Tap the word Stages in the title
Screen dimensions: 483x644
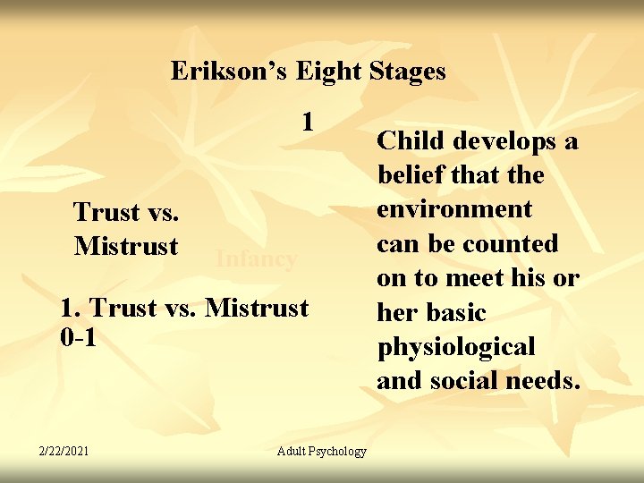click(407, 71)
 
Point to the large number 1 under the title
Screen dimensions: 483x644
click(307, 121)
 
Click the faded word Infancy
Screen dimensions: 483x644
click(256, 259)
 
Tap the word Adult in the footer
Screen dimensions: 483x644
click(292, 451)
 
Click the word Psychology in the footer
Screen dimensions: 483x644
click(339, 451)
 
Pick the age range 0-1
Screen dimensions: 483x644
click(78, 339)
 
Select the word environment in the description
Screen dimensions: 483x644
click(454, 209)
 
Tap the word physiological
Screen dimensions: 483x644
click(456, 347)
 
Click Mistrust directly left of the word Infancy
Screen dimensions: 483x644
click(126, 245)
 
